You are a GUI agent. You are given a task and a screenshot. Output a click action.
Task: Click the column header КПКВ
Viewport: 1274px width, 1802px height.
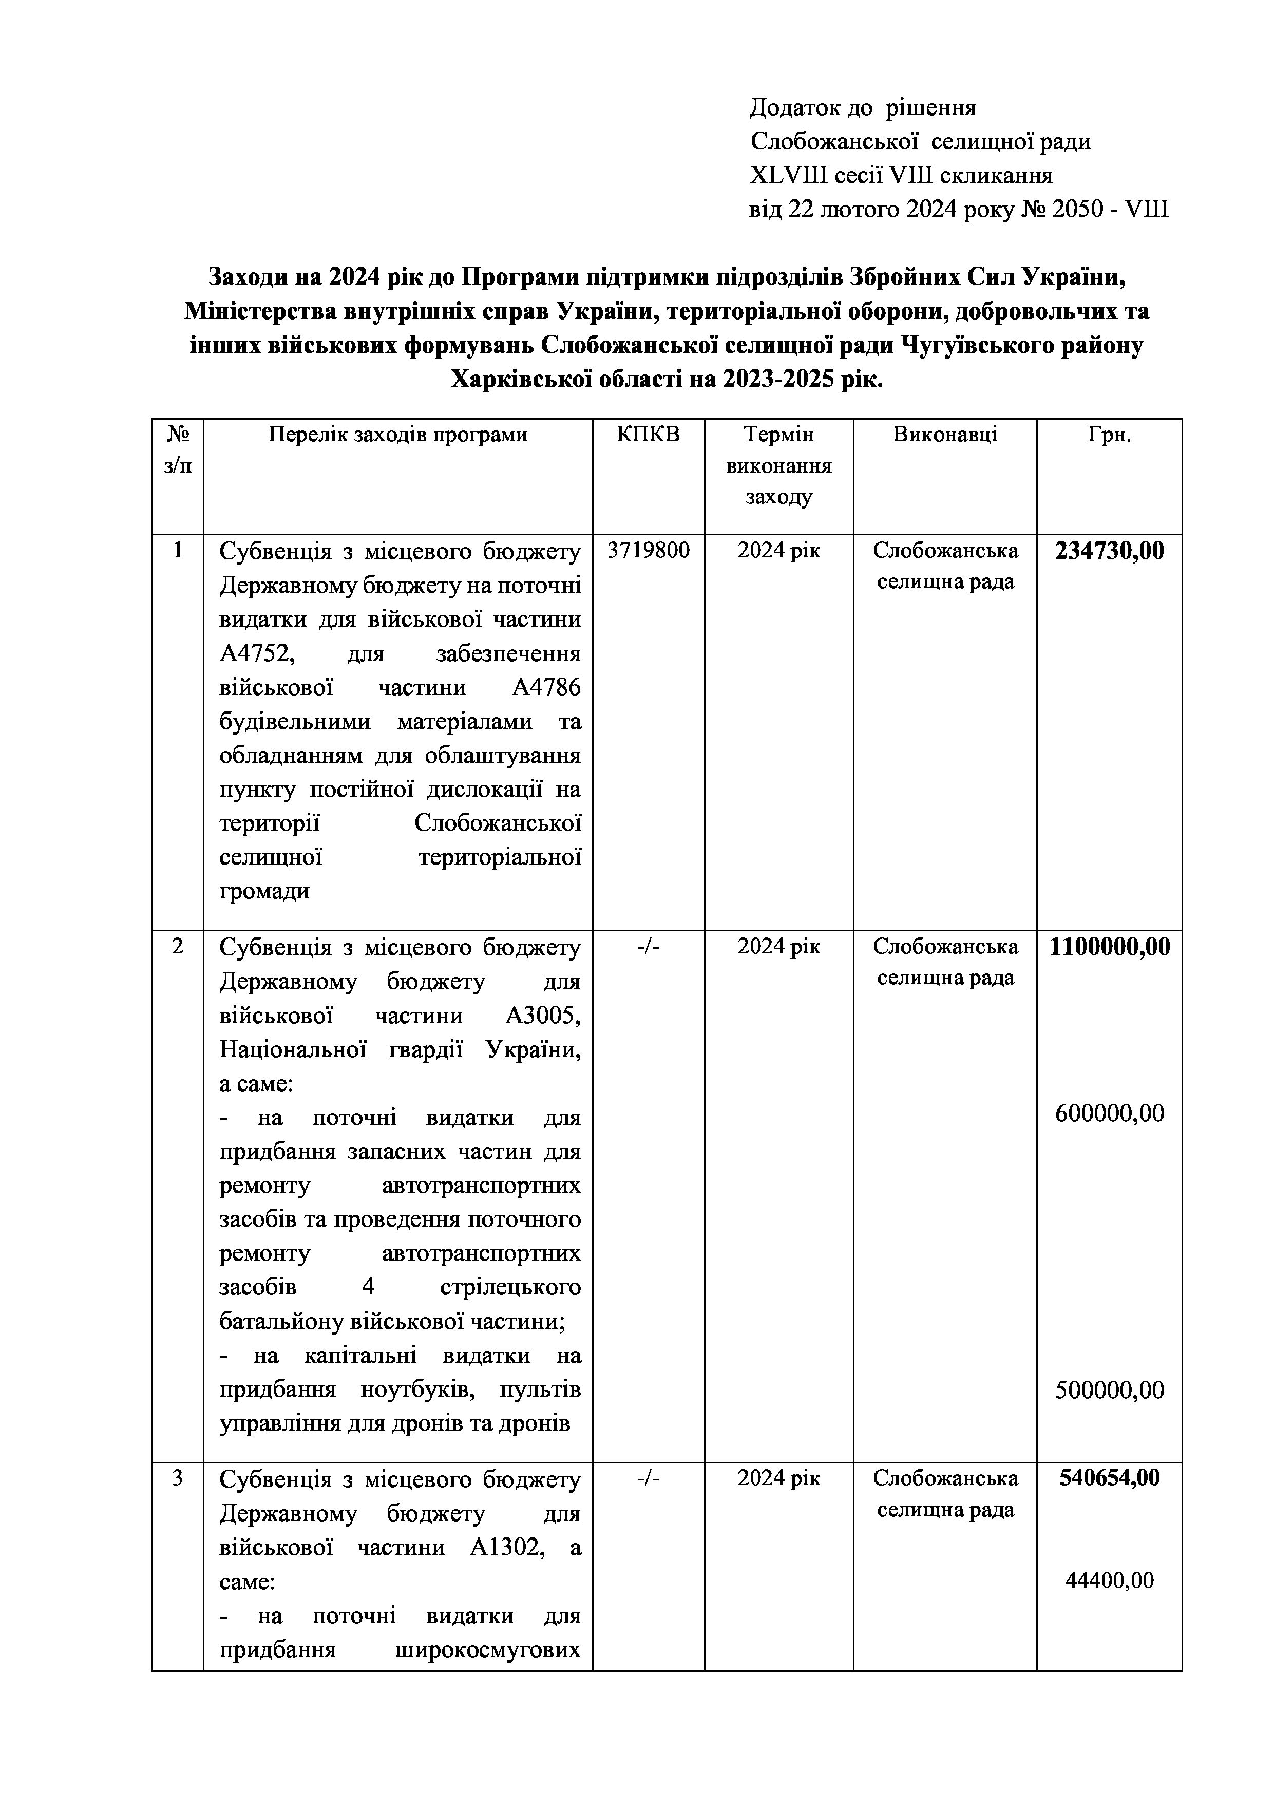(648, 434)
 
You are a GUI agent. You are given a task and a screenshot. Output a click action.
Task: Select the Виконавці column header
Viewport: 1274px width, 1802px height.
(944, 434)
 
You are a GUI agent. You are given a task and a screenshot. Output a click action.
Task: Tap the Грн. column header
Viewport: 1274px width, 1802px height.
(1109, 434)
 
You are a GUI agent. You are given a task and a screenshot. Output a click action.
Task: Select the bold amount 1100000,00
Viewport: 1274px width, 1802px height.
(1109, 947)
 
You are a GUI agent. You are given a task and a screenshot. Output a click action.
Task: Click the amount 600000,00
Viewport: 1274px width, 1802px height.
(1109, 1113)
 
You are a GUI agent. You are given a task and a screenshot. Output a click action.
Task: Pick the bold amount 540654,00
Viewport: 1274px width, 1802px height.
(1109, 1478)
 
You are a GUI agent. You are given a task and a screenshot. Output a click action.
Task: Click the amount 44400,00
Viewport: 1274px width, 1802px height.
(1109, 1580)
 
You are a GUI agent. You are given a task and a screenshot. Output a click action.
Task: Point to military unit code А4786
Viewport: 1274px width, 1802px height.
(546, 687)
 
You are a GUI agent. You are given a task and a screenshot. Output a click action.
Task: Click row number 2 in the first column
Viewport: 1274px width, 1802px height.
(177, 947)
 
